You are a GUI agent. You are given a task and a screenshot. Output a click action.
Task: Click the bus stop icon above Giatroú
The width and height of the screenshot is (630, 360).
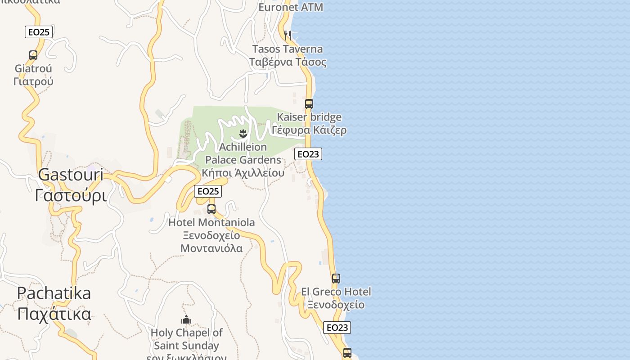click(x=33, y=55)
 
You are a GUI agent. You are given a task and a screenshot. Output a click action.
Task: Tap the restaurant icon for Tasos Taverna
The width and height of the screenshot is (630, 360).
click(x=287, y=35)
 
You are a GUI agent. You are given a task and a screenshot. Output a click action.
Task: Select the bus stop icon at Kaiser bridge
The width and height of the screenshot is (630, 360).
click(x=309, y=104)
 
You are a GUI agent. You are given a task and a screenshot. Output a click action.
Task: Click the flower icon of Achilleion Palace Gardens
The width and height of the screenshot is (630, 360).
click(x=243, y=133)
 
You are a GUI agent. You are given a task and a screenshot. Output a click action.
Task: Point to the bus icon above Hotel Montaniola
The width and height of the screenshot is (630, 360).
click(x=211, y=209)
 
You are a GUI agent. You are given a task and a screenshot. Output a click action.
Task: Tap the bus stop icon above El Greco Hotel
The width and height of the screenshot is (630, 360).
click(x=336, y=278)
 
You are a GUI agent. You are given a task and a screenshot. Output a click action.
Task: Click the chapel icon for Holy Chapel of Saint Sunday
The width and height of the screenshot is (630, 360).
click(x=186, y=320)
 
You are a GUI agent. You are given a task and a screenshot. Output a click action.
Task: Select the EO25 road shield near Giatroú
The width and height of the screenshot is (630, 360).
click(x=39, y=32)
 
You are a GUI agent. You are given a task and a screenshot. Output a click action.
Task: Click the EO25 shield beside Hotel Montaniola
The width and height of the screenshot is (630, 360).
click(x=208, y=191)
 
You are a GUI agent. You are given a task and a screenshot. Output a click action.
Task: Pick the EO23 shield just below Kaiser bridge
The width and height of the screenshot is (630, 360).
click(x=308, y=154)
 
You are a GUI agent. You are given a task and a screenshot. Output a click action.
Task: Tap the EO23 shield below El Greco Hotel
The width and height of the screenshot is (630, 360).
click(x=337, y=328)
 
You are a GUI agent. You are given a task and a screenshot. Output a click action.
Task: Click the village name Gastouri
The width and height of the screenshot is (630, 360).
click(x=71, y=175)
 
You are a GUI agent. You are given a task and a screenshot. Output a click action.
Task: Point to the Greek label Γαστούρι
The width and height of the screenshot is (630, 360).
click(x=71, y=196)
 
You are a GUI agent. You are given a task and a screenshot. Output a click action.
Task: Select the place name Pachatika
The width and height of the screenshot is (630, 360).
click(x=54, y=293)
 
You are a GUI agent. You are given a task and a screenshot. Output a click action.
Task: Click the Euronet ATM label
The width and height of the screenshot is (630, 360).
click(x=291, y=7)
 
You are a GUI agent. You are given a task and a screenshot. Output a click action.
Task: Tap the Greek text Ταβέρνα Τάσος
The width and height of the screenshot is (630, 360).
click(x=288, y=62)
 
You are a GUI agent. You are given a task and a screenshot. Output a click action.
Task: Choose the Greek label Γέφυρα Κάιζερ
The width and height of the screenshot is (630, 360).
click(x=309, y=130)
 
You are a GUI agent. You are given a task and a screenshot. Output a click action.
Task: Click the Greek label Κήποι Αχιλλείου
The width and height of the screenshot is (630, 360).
click(x=243, y=173)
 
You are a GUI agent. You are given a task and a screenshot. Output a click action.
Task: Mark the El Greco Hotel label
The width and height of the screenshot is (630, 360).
click(x=336, y=292)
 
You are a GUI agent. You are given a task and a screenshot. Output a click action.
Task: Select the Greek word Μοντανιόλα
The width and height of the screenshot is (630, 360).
click(x=211, y=248)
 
